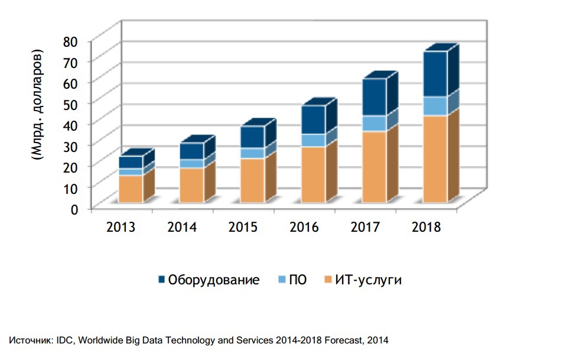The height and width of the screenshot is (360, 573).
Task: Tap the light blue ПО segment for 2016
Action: click(313, 140)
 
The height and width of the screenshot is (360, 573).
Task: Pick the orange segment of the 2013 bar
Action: click(131, 189)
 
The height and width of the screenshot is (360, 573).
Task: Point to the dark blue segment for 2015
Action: click(252, 137)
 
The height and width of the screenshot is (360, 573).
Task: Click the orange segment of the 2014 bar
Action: click(191, 185)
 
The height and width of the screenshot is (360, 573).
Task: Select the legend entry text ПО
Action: click(297, 280)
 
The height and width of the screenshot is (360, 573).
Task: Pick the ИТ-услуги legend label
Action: click(368, 280)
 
